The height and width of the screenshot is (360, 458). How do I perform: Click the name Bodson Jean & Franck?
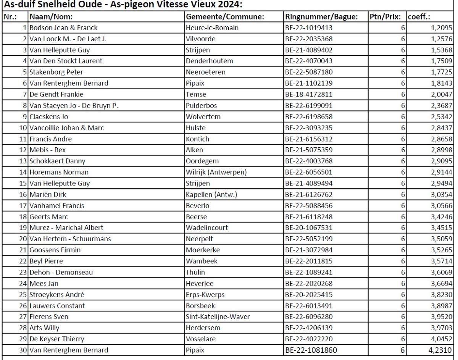tap(64, 28)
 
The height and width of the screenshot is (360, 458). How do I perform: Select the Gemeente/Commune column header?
tap(225, 17)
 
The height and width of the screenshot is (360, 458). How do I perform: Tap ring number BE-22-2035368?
tap(308, 39)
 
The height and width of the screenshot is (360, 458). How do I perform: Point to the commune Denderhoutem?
tap(209, 61)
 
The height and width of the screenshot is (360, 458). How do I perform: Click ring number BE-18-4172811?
tap(308, 94)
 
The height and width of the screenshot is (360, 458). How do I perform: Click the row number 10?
tap(23, 128)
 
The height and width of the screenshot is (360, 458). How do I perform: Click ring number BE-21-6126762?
tap(308, 195)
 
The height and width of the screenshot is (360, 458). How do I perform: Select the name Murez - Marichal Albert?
tap(66, 228)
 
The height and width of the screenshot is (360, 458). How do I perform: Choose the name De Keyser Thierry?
tap(57, 339)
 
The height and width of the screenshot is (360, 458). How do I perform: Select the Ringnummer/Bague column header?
tap(321, 17)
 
